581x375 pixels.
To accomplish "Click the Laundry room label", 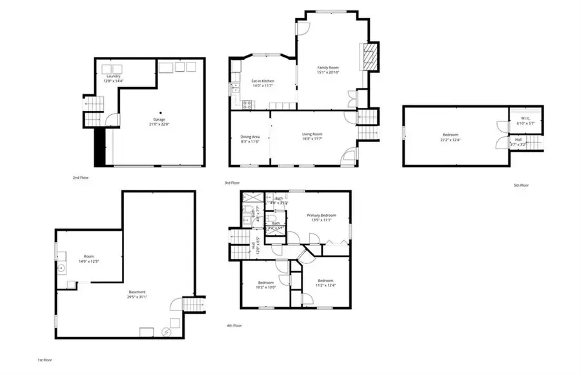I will [114, 76].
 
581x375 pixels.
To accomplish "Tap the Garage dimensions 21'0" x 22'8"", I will [159, 124].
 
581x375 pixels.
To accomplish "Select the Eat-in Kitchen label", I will [263, 81].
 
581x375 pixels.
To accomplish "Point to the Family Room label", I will [328, 68].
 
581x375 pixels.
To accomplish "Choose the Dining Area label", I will [250, 137].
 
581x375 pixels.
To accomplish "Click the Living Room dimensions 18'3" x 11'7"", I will [312, 139].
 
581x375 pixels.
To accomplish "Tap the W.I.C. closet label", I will [520, 118].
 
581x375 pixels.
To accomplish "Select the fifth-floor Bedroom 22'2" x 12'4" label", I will [450, 134].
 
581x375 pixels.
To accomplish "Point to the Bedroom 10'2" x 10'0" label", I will [266, 283].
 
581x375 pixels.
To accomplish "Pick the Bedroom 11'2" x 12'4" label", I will [325, 281].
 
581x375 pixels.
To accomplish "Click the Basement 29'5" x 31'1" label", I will [136, 292].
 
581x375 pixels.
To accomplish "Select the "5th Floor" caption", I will [520, 185].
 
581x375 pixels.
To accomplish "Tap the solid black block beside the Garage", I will [100, 145].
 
